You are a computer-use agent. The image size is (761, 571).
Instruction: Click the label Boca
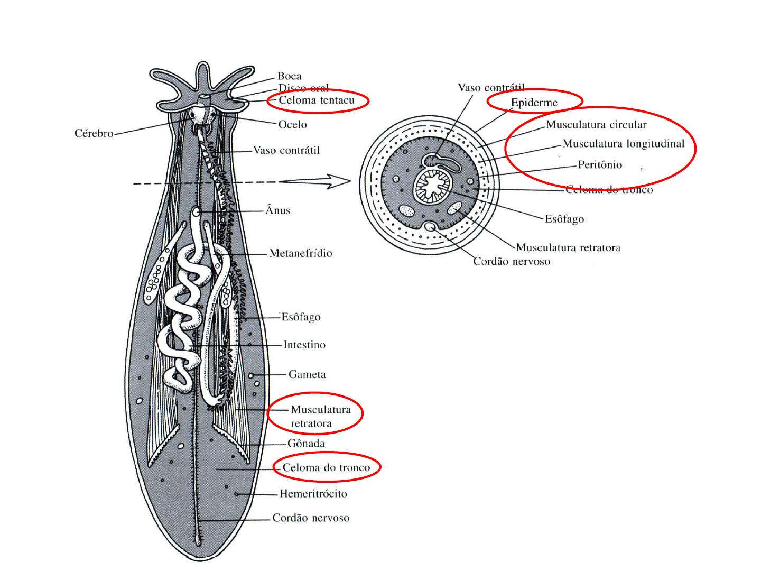289,76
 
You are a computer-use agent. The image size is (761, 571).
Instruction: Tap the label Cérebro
94,133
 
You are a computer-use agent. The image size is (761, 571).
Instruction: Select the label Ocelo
292,124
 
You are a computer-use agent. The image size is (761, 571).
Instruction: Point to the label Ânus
277,210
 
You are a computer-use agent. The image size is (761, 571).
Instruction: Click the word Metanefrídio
300,253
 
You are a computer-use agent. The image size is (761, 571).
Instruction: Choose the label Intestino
304,345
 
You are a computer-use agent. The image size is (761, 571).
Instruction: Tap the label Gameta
307,374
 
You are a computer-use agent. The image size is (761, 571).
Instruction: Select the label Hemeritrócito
313,494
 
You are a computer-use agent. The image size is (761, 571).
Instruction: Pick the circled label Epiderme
534,103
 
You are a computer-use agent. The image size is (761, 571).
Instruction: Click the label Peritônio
599,165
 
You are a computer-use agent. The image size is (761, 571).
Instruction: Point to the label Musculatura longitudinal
623,144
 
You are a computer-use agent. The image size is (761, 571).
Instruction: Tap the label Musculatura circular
596,125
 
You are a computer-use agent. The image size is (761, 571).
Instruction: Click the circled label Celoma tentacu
316,100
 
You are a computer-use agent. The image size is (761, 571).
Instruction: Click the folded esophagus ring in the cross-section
433,186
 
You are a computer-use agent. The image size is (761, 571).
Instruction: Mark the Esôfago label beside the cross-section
564,219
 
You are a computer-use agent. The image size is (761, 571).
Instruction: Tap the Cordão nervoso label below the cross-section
511,262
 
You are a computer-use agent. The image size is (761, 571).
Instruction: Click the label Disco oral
303,88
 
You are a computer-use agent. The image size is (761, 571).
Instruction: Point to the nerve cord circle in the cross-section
431,227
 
